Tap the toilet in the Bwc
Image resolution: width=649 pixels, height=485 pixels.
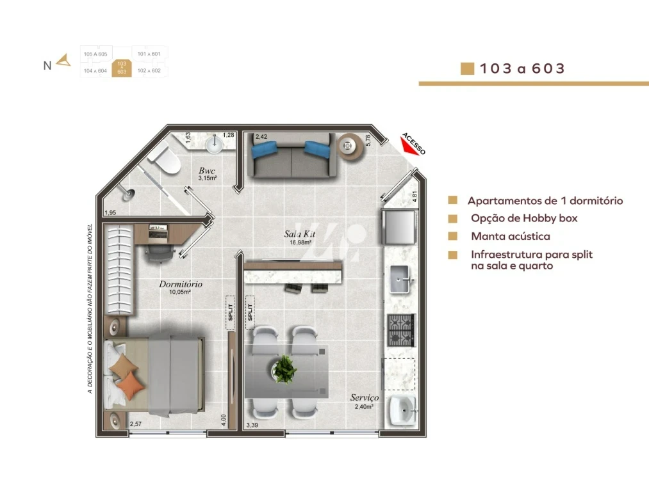pyautogui.click(x=165, y=159)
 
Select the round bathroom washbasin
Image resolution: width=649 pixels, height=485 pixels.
pyautogui.click(x=215, y=145)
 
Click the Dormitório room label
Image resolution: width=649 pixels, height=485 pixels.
pyautogui.click(x=181, y=283)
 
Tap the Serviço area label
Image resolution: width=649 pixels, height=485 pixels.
pyautogui.click(x=364, y=398)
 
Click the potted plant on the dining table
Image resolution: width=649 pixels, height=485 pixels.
pyautogui.click(x=284, y=369)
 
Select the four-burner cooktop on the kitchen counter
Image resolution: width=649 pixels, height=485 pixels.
pyautogui.click(x=401, y=330)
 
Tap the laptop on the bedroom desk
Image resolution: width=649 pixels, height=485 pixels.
pyautogui.click(x=157, y=234)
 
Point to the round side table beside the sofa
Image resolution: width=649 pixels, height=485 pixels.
pyautogui.click(x=347, y=145)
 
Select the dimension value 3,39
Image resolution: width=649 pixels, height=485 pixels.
pyautogui.click(x=254, y=425)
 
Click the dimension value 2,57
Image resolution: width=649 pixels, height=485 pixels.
pyautogui.click(x=136, y=424)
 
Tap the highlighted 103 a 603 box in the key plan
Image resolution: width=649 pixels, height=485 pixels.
pyautogui.click(x=121, y=68)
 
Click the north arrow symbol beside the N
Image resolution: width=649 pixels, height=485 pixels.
pyautogui.click(x=63, y=61)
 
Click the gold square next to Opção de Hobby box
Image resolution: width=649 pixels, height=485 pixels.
pyautogui.click(x=453, y=218)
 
